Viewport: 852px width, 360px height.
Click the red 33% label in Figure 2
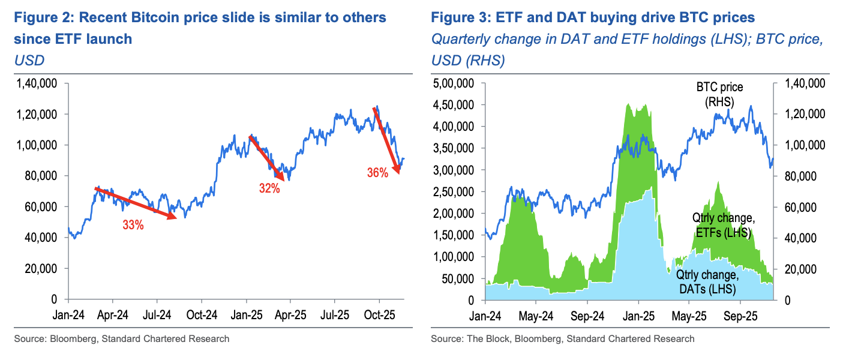tap(133, 226)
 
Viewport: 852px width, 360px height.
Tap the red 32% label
tap(270, 188)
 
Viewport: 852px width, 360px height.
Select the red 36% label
tap(377, 173)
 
